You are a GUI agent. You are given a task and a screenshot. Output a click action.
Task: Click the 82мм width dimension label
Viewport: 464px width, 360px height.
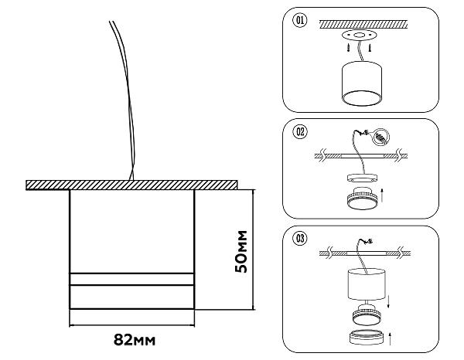(x=135, y=340)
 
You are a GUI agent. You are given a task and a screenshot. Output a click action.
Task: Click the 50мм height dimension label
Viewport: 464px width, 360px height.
(x=241, y=252)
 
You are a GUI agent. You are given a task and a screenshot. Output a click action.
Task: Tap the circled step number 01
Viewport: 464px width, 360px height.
(x=300, y=20)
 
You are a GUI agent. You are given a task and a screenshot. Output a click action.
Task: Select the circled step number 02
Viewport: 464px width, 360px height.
(x=300, y=131)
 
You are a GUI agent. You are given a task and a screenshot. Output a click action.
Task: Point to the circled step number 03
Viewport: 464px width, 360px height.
(x=300, y=238)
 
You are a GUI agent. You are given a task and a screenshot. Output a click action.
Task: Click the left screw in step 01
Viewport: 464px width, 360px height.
(x=350, y=47)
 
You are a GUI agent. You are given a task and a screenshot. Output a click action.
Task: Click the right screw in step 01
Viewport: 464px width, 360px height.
(x=370, y=47)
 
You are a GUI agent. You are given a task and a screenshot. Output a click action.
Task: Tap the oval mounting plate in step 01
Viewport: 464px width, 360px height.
(x=360, y=36)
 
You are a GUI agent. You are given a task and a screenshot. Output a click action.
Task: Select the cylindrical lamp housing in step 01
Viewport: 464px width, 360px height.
(x=362, y=83)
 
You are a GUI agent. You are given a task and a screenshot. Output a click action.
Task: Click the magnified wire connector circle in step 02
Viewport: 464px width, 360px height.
(x=381, y=138)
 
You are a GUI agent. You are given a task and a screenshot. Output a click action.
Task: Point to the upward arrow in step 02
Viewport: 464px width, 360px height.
(x=382, y=195)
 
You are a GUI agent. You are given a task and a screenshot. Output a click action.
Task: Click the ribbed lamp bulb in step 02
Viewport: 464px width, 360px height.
(x=362, y=198)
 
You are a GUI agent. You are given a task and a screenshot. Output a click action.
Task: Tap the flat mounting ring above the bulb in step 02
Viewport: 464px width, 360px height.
(x=362, y=178)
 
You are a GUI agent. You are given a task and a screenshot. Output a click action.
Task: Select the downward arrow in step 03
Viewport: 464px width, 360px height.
(x=388, y=301)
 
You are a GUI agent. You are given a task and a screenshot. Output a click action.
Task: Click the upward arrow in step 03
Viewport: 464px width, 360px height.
(x=390, y=338)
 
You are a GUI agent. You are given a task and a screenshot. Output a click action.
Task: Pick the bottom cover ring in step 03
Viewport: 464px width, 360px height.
(x=367, y=337)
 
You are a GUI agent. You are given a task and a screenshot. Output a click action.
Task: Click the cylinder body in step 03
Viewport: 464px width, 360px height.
(x=367, y=284)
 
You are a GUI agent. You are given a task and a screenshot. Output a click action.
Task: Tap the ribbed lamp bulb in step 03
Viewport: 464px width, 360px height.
(x=367, y=314)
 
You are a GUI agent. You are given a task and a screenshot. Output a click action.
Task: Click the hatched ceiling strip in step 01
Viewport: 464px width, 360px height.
(x=363, y=24)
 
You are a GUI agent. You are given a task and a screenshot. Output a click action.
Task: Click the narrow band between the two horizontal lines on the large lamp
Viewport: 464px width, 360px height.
(x=132, y=280)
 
